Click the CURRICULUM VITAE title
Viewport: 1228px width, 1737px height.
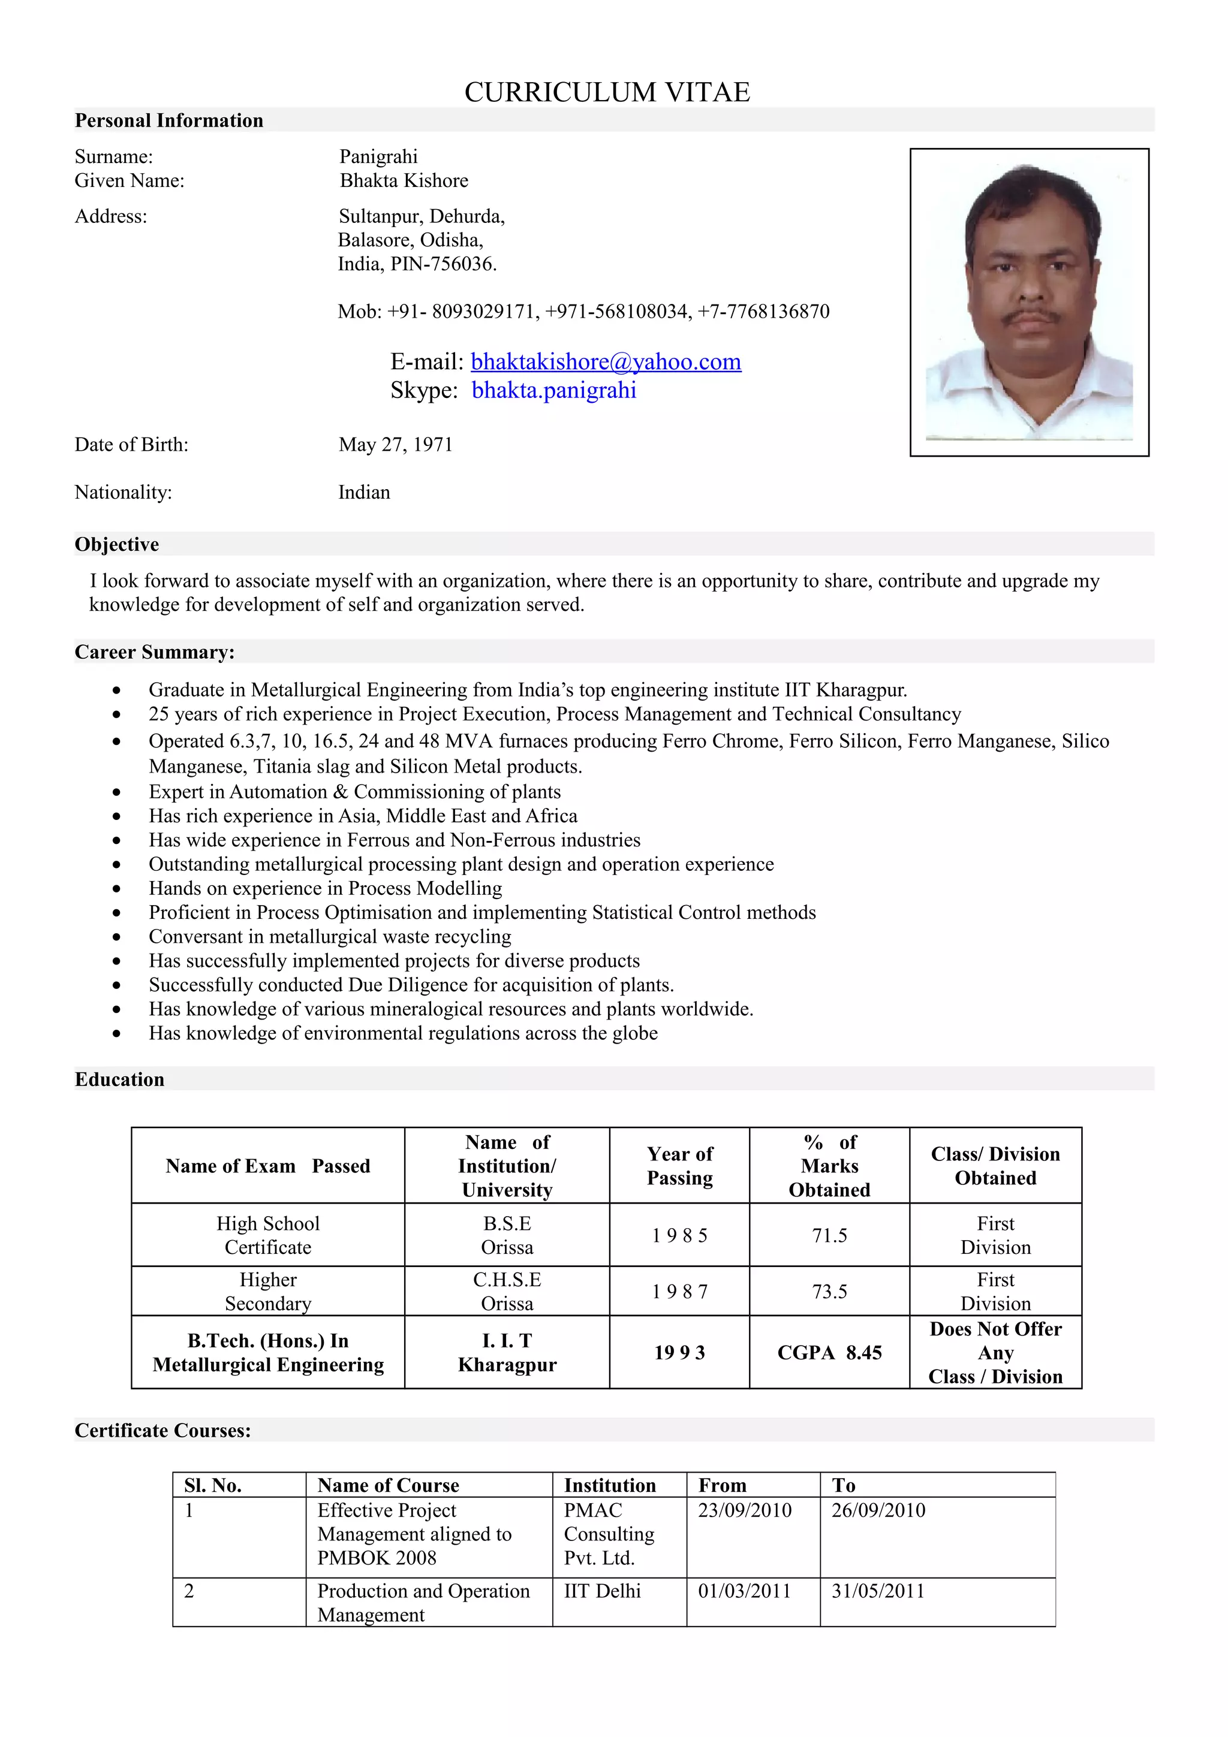coord(607,92)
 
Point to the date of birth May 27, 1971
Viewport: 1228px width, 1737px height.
coord(395,444)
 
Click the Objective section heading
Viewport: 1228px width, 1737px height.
coord(116,544)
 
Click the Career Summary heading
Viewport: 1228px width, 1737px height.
coord(154,652)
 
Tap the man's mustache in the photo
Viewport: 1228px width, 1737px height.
coord(1029,315)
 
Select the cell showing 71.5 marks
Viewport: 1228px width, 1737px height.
coord(829,1235)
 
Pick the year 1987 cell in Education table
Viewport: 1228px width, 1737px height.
coord(679,1292)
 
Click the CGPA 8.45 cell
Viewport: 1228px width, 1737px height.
coord(829,1353)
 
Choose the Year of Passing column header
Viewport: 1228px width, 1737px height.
coord(679,1166)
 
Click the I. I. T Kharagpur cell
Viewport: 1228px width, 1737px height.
coord(507,1353)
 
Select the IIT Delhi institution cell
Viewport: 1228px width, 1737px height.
coord(602,1591)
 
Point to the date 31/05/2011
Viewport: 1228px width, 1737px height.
coord(878,1591)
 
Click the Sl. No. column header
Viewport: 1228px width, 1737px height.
coord(213,1485)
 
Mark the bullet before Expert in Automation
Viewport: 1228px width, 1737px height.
coord(116,792)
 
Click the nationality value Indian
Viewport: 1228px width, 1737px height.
coord(364,493)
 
